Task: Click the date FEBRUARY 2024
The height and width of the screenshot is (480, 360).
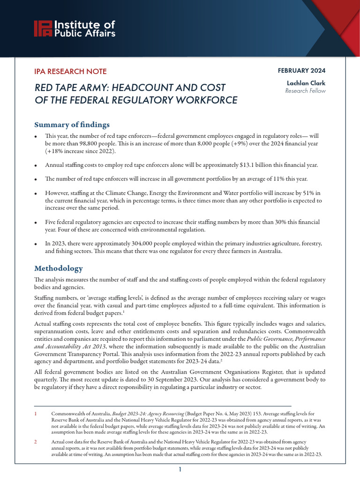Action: [x=301, y=70]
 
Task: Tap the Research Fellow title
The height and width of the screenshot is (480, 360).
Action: [x=305, y=91]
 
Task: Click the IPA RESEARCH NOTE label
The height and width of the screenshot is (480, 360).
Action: [x=70, y=72]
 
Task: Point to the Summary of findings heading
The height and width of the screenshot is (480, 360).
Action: [x=72, y=125]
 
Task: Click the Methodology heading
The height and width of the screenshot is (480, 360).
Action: [x=59, y=268]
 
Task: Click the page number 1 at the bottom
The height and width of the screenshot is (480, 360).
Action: [x=180, y=469]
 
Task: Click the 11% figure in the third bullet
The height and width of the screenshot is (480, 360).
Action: [x=278, y=179]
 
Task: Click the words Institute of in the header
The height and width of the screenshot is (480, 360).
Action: [x=85, y=25]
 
